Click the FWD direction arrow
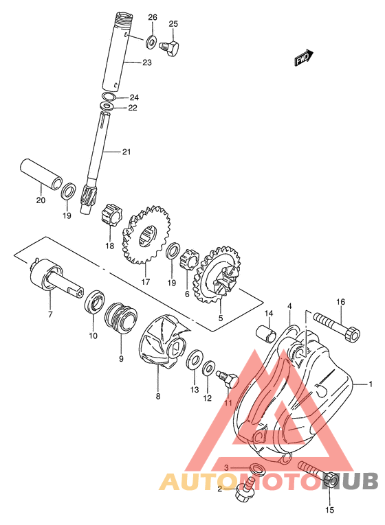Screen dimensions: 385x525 303,58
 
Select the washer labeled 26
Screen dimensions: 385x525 151,41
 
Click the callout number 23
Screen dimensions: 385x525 147,62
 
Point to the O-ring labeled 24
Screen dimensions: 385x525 109,96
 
